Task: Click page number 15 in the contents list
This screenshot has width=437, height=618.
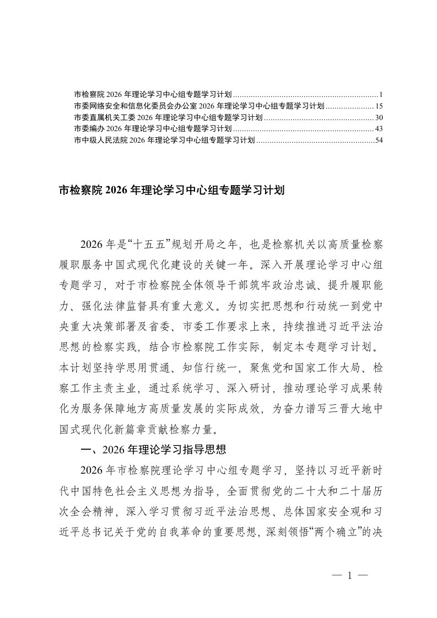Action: pos(379,105)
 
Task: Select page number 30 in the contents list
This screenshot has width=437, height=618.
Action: pos(379,117)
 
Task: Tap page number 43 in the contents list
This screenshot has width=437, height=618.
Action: pos(379,129)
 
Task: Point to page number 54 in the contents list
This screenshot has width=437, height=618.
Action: pos(379,141)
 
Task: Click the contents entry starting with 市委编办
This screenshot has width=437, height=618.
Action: pos(153,129)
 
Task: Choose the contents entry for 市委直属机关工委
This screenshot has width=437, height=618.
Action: pos(168,117)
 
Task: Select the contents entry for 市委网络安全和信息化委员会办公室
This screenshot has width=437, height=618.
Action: pos(198,105)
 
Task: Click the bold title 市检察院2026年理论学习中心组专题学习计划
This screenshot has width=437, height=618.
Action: pos(171,191)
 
